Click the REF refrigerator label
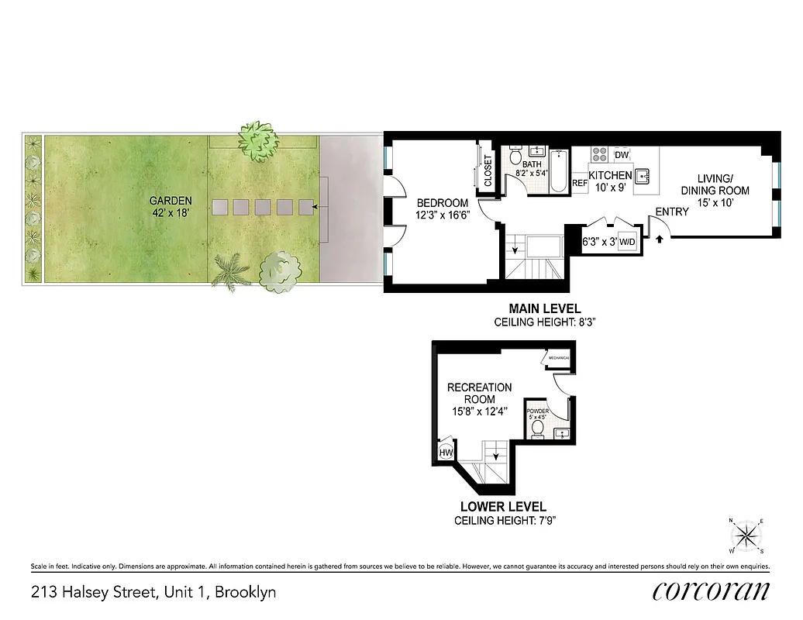[580, 184]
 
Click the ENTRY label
[671, 212]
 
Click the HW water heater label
[446, 453]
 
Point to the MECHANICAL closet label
[559, 358]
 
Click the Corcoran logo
[711, 591]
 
